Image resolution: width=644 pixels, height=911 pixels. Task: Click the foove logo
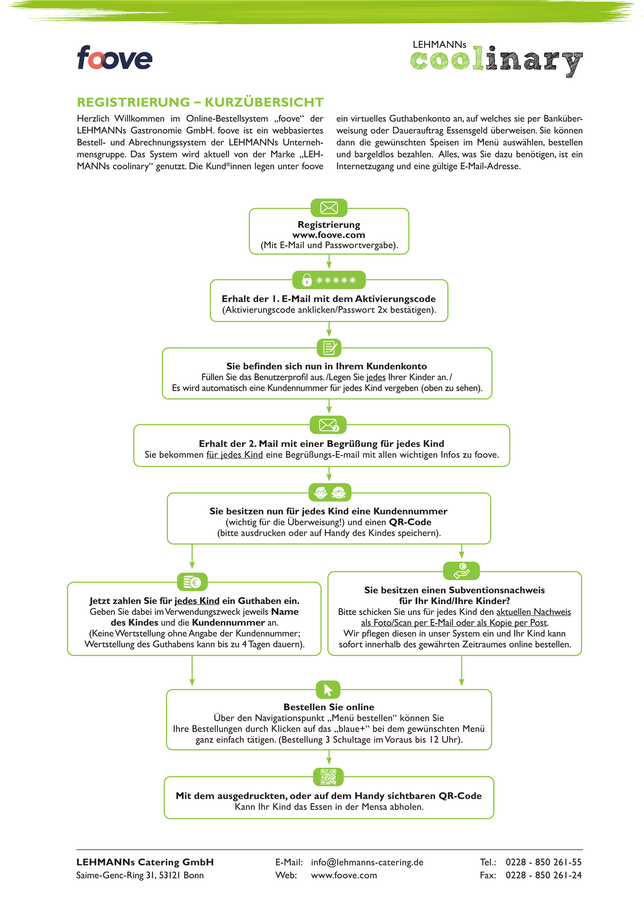coord(114,58)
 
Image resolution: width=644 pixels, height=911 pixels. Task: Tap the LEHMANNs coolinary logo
coord(496,59)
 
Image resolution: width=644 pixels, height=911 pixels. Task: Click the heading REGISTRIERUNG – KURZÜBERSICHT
coord(200,102)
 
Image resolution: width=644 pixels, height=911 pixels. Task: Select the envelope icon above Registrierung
coord(329,208)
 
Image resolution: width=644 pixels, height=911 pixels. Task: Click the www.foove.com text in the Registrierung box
coord(329,235)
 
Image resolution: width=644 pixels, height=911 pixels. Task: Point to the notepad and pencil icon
coord(329,348)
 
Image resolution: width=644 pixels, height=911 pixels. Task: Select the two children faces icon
coord(330,493)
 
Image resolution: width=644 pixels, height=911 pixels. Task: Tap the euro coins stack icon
coord(192,582)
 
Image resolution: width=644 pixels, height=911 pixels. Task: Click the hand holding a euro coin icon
coord(461,571)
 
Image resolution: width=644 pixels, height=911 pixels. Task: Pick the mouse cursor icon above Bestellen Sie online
coord(328,689)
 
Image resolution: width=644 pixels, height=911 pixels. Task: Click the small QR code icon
coord(328,777)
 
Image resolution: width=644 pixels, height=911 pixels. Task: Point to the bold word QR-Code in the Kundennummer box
coord(410,522)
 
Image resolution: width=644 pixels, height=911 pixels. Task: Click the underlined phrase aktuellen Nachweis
coord(533,612)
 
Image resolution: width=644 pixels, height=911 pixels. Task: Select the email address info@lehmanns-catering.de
coord(367,862)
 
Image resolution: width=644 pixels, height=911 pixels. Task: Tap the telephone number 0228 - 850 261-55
coord(543,862)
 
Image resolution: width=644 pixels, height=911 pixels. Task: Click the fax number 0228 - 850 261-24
coord(543,875)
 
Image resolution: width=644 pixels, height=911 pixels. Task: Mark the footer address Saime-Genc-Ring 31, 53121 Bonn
coord(140,875)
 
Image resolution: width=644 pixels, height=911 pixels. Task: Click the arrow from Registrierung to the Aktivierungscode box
coord(329,262)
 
